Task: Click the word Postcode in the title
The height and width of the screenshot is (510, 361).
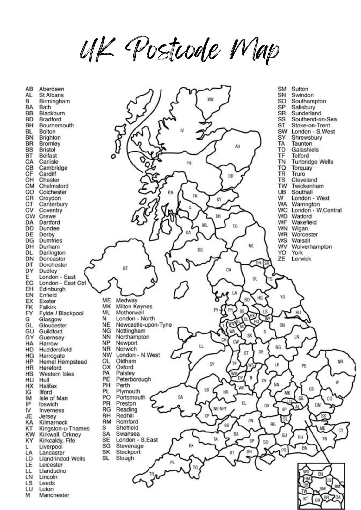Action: click(x=173, y=50)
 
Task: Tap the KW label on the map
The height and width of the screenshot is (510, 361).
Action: click(x=210, y=99)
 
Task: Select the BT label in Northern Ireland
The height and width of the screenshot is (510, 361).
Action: click(x=125, y=268)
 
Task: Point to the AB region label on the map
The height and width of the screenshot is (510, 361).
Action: click(x=237, y=146)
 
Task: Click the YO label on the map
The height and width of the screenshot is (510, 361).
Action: click(x=282, y=297)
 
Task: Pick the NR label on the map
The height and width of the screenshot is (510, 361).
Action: click(x=340, y=362)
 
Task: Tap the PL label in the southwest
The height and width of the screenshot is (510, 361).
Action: click(x=172, y=462)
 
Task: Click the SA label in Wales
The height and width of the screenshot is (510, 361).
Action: click(x=180, y=397)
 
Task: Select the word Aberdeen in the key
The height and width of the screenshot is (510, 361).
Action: click(x=52, y=89)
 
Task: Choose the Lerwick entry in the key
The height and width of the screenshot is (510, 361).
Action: click(x=301, y=259)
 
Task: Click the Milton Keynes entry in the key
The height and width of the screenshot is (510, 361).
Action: click(x=134, y=307)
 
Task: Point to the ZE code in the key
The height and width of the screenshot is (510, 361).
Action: click(x=282, y=259)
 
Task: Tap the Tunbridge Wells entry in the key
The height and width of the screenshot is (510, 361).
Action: click(x=312, y=162)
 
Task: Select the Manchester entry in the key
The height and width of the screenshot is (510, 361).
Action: click(x=54, y=495)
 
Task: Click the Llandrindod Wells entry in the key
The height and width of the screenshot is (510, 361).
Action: click(x=62, y=459)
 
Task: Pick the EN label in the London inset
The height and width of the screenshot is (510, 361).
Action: click(x=320, y=474)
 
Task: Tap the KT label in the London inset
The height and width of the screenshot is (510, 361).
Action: click(x=306, y=499)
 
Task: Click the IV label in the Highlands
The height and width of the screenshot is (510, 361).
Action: click(x=182, y=130)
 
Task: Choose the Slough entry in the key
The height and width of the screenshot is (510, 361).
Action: click(x=125, y=458)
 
